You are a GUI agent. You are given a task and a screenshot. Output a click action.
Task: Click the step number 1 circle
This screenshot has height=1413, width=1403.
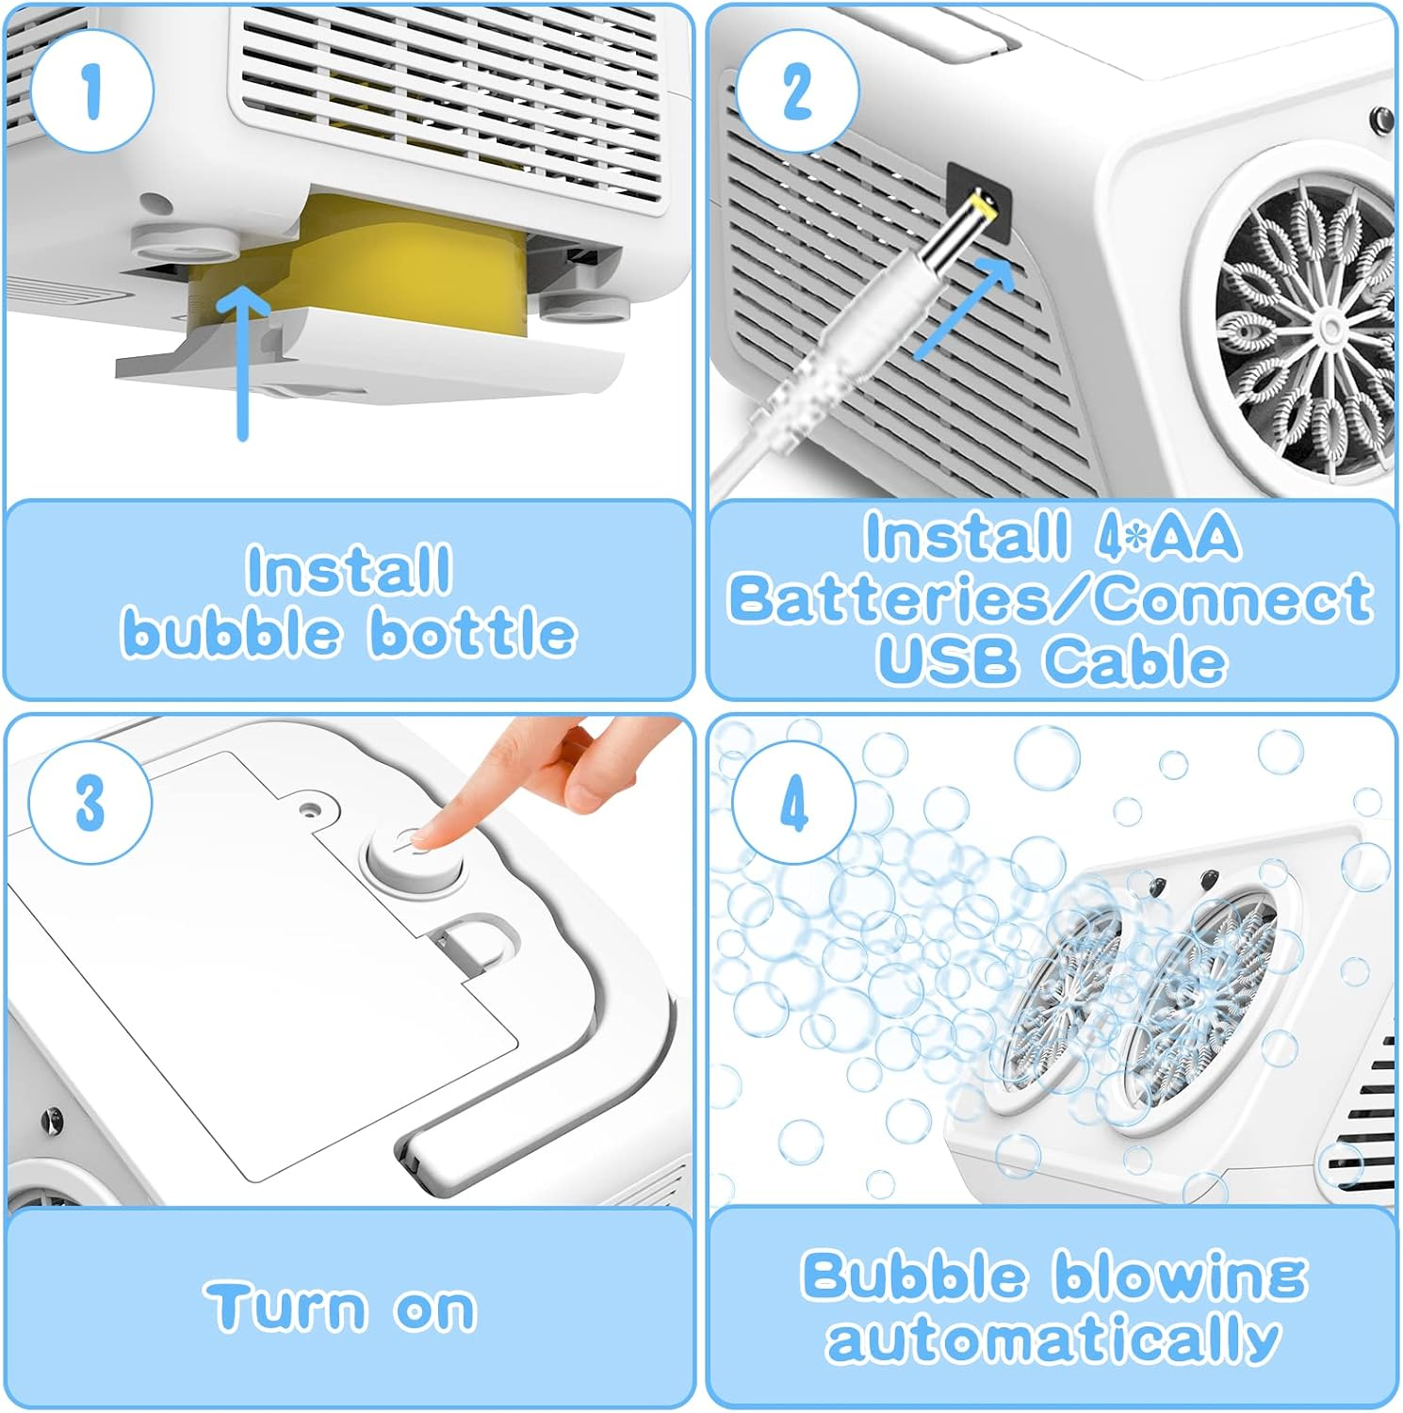click(x=91, y=91)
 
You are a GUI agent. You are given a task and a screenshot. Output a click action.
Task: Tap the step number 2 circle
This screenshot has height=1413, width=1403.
click(x=796, y=91)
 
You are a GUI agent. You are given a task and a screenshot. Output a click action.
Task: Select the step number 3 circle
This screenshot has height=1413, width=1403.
click(x=90, y=803)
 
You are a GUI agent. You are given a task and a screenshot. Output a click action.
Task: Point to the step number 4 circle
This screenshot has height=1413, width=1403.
click(x=794, y=803)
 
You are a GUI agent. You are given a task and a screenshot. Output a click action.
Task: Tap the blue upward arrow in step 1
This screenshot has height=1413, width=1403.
click(x=243, y=363)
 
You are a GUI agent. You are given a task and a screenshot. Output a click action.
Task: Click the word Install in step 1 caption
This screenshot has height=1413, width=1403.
click(x=350, y=570)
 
